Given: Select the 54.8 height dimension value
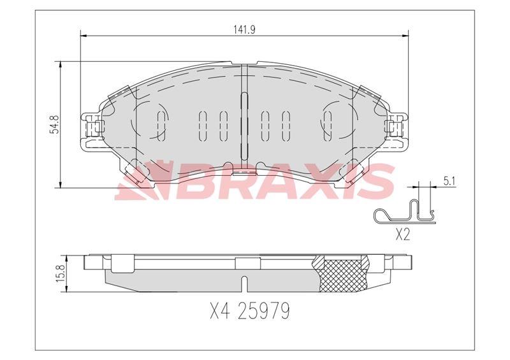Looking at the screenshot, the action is click(x=54, y=124).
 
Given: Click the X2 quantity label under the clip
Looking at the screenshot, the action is click(x=402, y=234).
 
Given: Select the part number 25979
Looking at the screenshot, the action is click(x=263, y=310).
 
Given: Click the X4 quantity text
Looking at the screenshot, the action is click(x=220, y=310).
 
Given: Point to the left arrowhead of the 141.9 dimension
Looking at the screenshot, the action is click(x=83, y=36).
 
